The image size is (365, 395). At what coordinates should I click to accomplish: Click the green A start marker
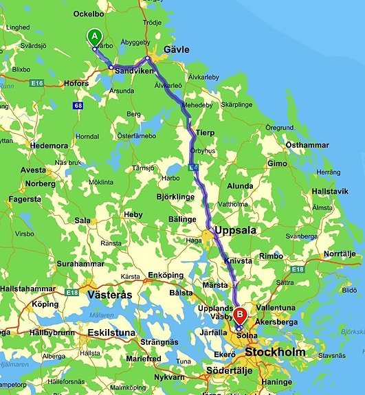click(x=94, y=37)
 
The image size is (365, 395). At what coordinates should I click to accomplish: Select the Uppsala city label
click(x=235, y=230)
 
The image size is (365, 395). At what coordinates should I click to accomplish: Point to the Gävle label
click(x=177, y=49)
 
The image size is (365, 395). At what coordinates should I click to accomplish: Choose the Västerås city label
click(x=110, y=294)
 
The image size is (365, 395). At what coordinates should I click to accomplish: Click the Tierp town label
click(x=205, y=133)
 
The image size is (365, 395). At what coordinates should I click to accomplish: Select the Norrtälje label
click(x=340, y=253)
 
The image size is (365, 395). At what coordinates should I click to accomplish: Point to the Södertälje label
click(x=230, y=371)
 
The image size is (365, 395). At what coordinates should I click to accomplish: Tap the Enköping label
click(x=166, y=275)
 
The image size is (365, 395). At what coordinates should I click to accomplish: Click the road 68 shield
click(x=78, y=105)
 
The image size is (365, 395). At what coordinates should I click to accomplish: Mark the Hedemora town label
click(x=49, y=146)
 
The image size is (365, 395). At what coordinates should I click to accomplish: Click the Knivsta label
click(x=238, y=261)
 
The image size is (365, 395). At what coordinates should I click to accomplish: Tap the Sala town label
click(x=82, y=221)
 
